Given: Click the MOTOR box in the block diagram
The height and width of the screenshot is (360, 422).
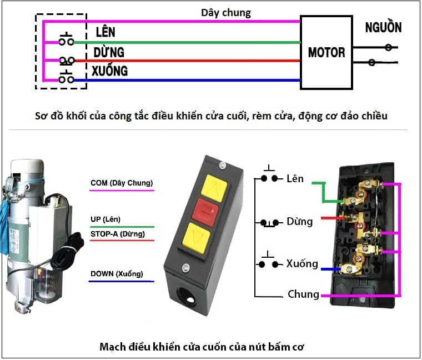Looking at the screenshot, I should click(x=326, y=52).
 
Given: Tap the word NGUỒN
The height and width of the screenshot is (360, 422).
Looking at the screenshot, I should click(x=383, y=27).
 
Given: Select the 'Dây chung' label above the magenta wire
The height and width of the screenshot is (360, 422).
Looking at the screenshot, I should click(x=225, y=12).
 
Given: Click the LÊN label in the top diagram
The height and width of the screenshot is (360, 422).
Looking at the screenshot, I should click(x=105, y=32).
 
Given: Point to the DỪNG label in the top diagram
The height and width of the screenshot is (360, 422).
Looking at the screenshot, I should click(x=109, y=53).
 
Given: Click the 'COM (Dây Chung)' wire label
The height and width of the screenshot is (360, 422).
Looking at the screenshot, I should click(x=122, y=183).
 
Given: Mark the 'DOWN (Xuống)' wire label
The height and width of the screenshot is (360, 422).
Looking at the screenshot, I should click(x=117, y=274).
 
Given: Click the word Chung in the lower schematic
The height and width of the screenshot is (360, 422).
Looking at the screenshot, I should click(x=303, y=294).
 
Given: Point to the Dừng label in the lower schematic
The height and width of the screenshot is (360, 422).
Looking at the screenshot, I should click(x=300, y=222).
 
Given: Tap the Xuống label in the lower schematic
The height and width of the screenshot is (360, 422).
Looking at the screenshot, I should click(x=302, y=263).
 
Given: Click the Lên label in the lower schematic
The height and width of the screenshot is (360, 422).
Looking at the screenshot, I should click(x=295, y=179).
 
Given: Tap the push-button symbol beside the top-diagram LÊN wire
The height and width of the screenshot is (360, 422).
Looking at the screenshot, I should click(x=67, y=40).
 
